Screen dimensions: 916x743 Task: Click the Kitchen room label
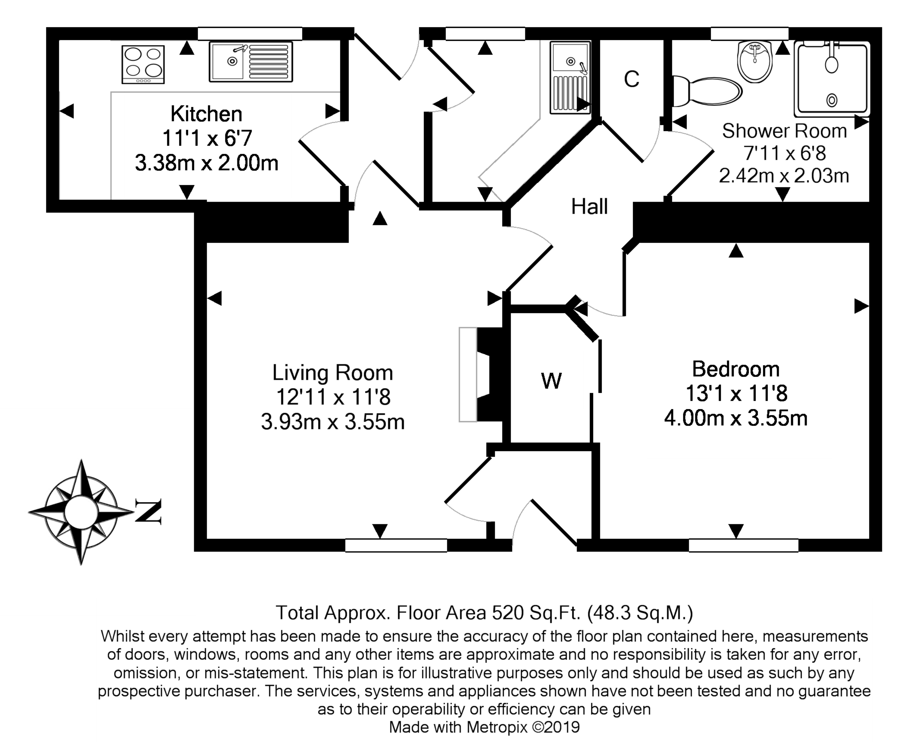point(206,114)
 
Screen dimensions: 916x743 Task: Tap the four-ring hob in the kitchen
point(143,64)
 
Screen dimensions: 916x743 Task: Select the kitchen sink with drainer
point(251,62)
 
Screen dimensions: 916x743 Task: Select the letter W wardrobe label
point(552,380)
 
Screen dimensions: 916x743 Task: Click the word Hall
point(589,207)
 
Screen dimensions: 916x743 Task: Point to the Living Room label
point(332,372)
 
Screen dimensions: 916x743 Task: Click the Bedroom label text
point(736,369)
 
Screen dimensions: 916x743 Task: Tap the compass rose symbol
point(81,512)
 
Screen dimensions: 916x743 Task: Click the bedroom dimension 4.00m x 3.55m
point(736,418)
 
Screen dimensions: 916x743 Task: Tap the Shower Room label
point(784,131)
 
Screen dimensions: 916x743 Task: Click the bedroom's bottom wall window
point(744,545)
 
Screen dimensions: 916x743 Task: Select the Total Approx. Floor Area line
point(484,613)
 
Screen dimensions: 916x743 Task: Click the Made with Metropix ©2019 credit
point(484,727)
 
